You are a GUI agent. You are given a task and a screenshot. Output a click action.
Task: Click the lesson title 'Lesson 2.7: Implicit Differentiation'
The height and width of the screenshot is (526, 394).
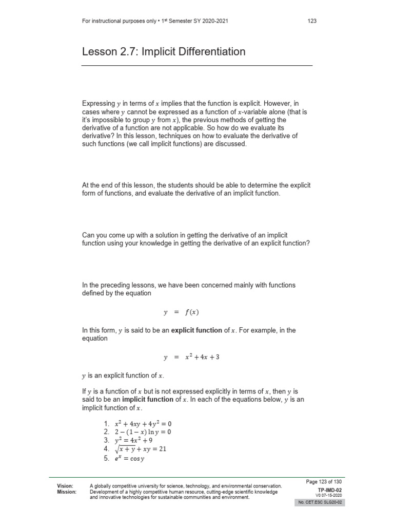(164, 52)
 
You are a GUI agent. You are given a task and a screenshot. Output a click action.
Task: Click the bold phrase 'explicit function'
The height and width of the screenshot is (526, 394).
(197, 330)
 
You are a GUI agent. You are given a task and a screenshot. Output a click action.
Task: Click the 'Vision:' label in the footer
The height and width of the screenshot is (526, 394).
(65, 485)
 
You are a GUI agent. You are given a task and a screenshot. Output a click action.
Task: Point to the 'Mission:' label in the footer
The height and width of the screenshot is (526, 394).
(67, 492)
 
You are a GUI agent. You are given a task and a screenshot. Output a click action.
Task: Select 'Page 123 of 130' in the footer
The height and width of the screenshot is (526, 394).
(323, 482)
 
